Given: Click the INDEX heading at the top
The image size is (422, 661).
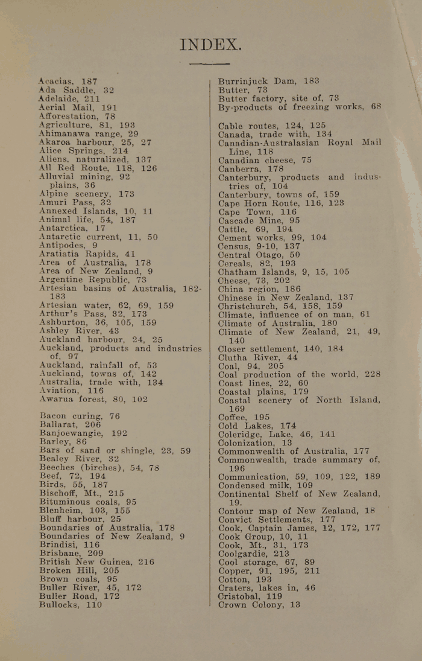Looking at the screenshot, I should coord(210,44).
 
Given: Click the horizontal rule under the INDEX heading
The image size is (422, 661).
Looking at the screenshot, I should coord(209,63).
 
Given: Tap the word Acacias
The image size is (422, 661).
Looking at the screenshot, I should coord(57,81).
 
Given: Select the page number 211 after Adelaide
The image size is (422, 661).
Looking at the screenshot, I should coord(92,98).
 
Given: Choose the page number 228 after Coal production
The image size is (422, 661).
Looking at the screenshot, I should coord(373,374).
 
